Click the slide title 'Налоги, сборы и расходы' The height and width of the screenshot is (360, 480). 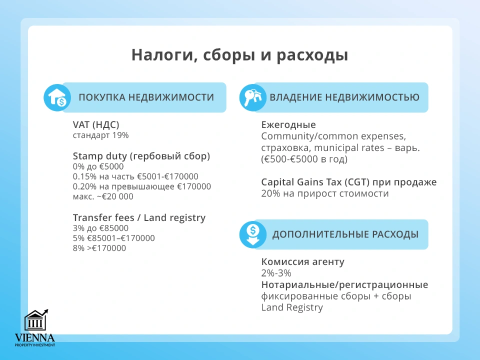click(x=239, y=55)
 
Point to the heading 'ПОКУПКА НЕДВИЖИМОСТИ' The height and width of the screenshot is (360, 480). click(x=146, y=97)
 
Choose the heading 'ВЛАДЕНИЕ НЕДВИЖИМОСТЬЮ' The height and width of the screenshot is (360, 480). click(x=344, y=97)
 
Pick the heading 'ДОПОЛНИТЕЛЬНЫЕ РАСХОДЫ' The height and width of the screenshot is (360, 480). click(x=345, y=234)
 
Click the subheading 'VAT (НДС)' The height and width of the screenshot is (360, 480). click(x=96, y=125)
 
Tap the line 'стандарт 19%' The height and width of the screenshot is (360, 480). click(x=100, y=135)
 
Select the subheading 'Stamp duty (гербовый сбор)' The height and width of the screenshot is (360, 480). click(x=141, y=156)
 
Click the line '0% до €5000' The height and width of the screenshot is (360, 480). click(x=98, y=166)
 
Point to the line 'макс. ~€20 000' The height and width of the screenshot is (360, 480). click(x=103, y=196)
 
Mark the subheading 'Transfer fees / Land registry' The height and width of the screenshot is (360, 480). click(x=139, y=217)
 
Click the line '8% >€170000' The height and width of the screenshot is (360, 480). click(x=99, y=248)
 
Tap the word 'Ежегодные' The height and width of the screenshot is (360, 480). click(x=288, y=125)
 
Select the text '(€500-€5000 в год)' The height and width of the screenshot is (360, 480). click(x=304, y=159)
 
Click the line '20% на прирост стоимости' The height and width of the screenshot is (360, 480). click(x=324, y=193)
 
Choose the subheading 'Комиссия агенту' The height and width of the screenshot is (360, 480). click(x=302, y=262)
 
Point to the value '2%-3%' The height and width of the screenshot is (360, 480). click(x=276, y=273)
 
